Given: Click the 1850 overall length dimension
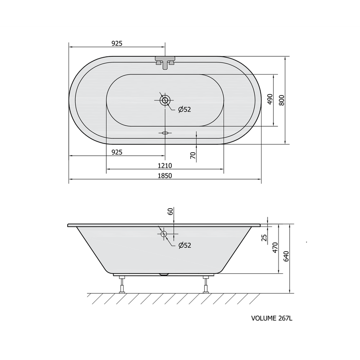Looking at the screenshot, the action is coord(165,176).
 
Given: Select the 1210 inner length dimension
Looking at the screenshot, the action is coord(165,166).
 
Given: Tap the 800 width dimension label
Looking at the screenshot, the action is coord(281,100).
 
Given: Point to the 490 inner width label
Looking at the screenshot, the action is coord(270,99).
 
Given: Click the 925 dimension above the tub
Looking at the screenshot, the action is coord(117,43).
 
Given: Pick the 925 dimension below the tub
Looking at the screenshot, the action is coord(117,152).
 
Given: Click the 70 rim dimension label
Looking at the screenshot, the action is coord(193,155).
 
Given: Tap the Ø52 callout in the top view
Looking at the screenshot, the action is coord(185,109).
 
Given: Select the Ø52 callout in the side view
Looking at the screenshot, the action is coord(185,245).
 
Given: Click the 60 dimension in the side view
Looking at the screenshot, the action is coord(170,212).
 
